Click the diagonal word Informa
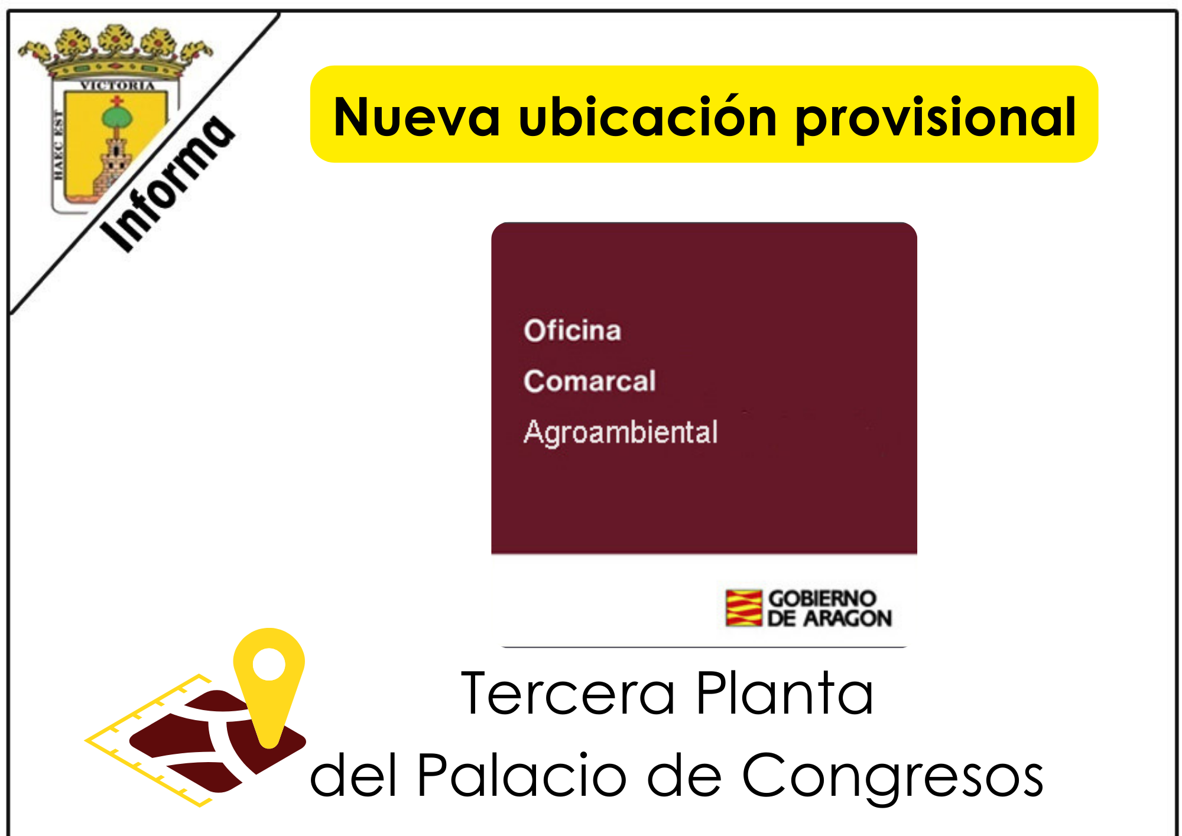pyautogui.click(x=167, y=183)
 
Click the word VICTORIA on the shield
pyautogui.click(x=118, y=86)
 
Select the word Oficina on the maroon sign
pyautogui.click(x=572, y=330)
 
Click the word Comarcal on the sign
pyautogui.click(x=590, y=381)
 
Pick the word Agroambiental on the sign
pyautogui.click(x=621, y=432)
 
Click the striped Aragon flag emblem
pyautogui.click(x=743, y=608)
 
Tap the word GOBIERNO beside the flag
pyautogui.click(x=822, y=598)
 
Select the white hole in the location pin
pyautogui.click(x=269, y=664)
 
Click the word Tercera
pyautogui.click(x=567, y=694)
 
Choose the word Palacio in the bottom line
pyautogui.click(x=522, y=775)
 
